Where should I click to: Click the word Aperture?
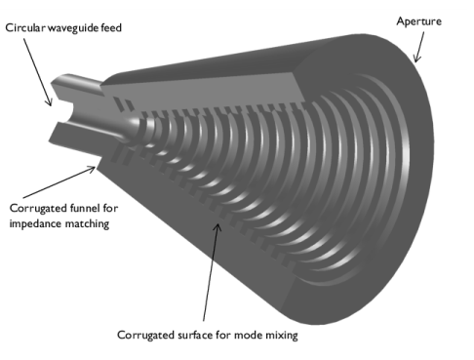[418, 19]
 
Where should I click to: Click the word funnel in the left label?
[82, 208]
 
